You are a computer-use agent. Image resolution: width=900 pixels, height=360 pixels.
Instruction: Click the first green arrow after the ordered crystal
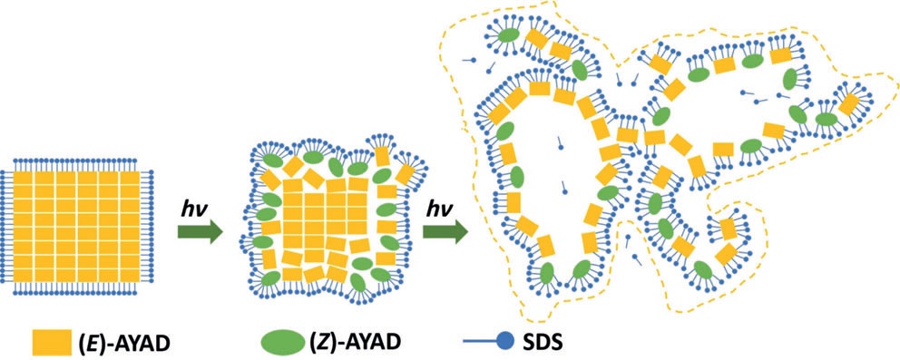pos(200,231)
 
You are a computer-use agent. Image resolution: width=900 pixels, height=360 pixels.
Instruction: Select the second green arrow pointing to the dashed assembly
pos(445,231)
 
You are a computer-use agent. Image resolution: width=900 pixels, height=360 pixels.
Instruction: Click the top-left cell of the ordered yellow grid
pos(23,179)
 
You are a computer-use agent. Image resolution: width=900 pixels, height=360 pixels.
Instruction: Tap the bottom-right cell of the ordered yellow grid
pos(130,274)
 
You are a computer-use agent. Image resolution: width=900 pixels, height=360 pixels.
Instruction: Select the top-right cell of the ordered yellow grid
pos(130,179)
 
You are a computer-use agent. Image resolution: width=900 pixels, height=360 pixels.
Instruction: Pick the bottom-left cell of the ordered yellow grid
pos(23,274)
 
